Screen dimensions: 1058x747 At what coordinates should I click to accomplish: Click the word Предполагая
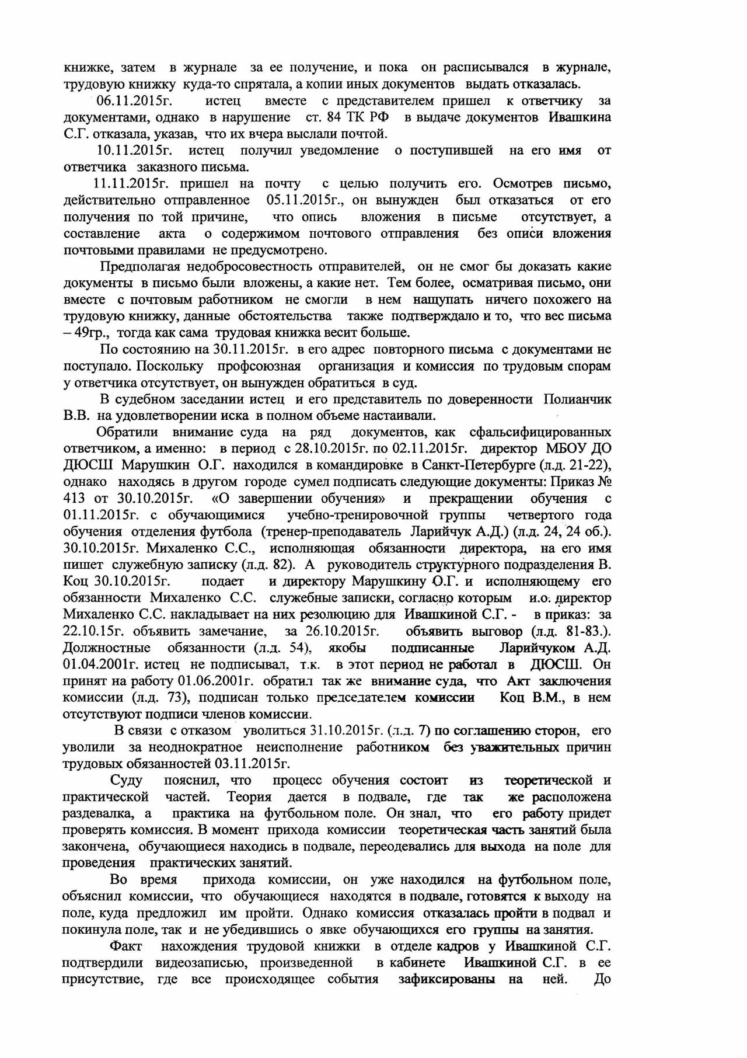pyautogui.click(x=141, y=267)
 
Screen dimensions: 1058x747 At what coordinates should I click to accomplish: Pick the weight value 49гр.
pyautogui.click(x=92, y=333)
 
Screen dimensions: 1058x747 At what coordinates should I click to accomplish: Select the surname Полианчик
pyautogui.click(x=577, y=399)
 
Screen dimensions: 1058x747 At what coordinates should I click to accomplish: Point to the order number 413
pyautogui.click(x=74, y=499)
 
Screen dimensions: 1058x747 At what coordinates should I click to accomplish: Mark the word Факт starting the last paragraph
pyautogui.click(x=125, y=946)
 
